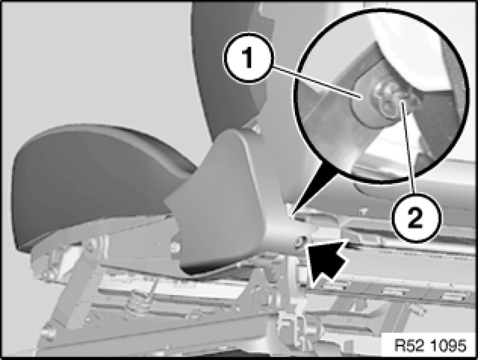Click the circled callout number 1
point(249,58)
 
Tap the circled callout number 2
point(416,217)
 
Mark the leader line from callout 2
point(408,148)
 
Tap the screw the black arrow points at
point(299,241)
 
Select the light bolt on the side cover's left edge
point(175,246)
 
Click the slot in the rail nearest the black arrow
point(335,286)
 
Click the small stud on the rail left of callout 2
point(363,211)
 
